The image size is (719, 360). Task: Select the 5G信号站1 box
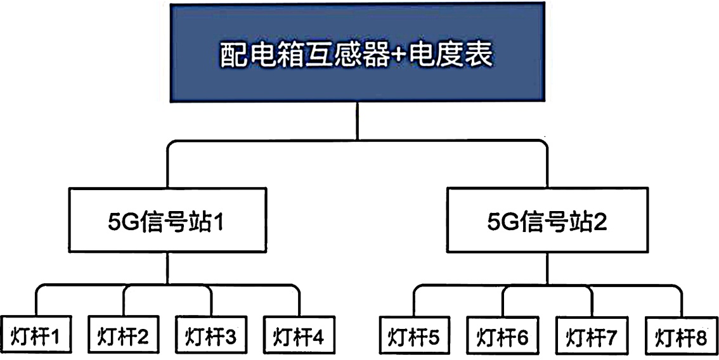click(x=168, y=224)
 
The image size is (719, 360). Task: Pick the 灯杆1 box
click(x=36, y=335)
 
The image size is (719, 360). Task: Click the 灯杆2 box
click(x=124, y=335)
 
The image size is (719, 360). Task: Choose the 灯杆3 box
click(x=211, y=335)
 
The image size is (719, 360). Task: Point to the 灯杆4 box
click(x=299, y=335)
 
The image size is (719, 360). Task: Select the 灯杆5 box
click(x=415, y=335)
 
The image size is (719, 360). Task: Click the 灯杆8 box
click(x=680, y=335)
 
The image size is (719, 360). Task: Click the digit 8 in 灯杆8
click(x=701, y=336)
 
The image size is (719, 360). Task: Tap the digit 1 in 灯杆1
click(x=56, y=335)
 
